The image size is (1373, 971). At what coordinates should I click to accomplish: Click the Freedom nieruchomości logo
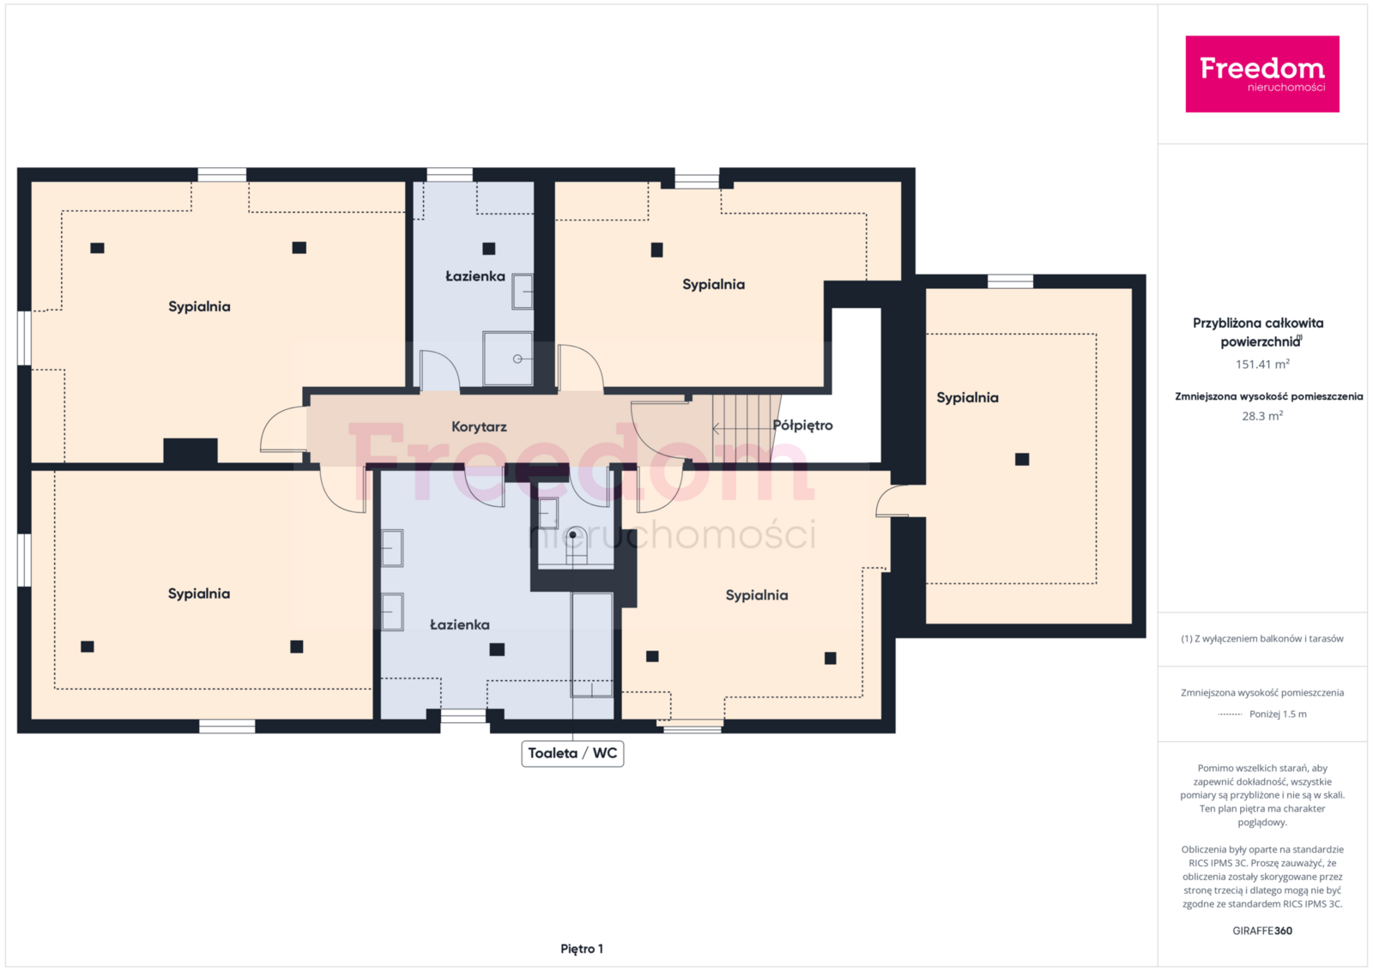point(1261,74)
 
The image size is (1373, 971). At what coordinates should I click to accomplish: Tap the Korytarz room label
point(479,426)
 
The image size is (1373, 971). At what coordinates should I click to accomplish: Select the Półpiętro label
point(802,425)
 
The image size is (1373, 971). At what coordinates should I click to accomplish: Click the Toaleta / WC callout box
point(572,753)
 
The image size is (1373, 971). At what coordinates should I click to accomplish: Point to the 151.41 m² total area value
point(1262,364)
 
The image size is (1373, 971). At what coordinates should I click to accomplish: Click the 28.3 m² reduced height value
point(1262,416)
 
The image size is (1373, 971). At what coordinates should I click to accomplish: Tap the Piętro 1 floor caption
point(582,949)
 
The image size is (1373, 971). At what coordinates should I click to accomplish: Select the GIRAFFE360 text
point(1262,931)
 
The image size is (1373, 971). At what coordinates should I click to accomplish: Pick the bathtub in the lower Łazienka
point(591,644)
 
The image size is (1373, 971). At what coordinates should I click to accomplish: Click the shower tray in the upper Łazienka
point(507,359)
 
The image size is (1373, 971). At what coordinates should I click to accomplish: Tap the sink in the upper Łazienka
point(523,292)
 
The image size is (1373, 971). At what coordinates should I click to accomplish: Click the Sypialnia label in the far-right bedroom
point(967,398)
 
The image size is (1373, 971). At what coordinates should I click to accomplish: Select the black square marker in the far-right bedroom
point(1022,459)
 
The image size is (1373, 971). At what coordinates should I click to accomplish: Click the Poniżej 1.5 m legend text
point(1278,714)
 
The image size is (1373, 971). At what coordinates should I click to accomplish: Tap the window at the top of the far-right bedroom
point(1010,281)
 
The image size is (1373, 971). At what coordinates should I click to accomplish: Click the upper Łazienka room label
point(475,276)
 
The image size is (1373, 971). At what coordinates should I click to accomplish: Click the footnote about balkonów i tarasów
point(1262,638)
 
